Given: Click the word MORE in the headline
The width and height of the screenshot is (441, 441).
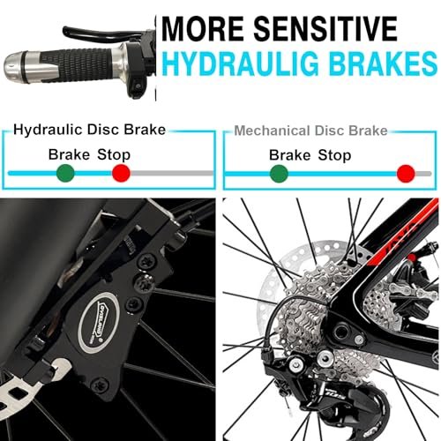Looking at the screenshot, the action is pos(203,29).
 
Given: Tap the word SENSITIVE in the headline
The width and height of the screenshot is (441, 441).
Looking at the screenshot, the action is pos(325,29).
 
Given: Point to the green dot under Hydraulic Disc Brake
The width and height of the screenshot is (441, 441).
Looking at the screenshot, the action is pos(65,173).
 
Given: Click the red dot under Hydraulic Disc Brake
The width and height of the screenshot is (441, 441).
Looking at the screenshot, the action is pos(121,173).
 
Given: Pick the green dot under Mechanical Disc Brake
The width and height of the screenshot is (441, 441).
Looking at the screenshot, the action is pos(279,174).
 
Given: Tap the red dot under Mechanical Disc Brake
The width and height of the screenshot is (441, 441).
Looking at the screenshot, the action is pos(406,174).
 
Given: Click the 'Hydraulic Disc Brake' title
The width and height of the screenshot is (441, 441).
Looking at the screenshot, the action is pos(90,130).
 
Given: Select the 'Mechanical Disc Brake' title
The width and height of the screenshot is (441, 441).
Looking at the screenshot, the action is pos(310,131).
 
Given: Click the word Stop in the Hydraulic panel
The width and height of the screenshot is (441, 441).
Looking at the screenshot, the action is pos(114,155).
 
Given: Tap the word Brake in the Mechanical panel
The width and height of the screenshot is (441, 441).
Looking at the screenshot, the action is pos(289,155).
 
